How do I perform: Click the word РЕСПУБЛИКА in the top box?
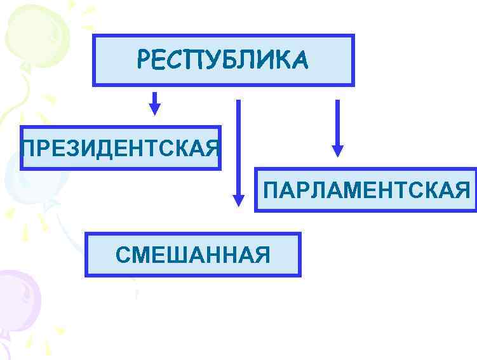223,60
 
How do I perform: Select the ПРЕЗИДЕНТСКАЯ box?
120,148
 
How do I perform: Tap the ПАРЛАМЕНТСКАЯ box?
365,190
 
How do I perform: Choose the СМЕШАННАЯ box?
192,255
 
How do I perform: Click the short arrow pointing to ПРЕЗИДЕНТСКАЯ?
154,103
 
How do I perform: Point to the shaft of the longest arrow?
239,146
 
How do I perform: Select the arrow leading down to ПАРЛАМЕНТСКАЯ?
337,127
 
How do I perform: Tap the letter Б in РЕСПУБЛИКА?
231,60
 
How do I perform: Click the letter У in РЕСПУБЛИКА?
214,60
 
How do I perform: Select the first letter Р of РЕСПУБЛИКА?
144,60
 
